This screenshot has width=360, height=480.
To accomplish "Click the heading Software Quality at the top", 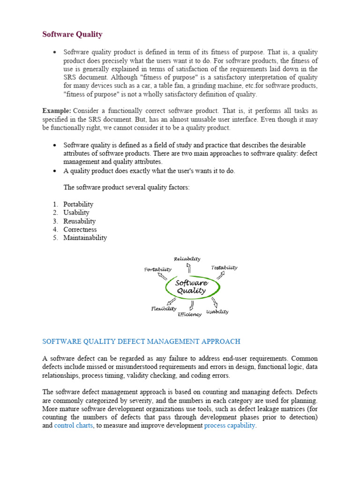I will (x=72, y=34).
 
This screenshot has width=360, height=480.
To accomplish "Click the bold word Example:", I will (x=57, y=111).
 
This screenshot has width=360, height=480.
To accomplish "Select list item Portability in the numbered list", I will (x=78, y=204).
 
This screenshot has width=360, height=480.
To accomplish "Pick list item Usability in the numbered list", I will (x=76, y=213).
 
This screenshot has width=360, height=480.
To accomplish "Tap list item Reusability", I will (x=80, y=221).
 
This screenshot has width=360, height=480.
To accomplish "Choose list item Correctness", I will (x=80, y=230).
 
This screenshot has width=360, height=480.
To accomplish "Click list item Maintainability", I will (x=85, y=238).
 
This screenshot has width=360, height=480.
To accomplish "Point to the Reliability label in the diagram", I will (x=187, y=259).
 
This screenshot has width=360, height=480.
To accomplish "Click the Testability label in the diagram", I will (x=224, y=268).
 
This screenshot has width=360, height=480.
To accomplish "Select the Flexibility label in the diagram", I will (x=164, y=308).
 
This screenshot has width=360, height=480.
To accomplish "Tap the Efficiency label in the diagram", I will (x=189, y=314).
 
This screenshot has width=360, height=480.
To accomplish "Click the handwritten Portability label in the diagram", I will (x=157, y=270).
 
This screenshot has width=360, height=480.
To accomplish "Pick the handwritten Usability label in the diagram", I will (x=217, y=312).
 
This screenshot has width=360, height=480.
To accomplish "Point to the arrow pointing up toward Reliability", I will (x=188, y=268).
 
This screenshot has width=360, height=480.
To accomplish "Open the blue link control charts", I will (x=74, y=426).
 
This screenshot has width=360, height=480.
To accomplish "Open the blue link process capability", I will (x=230, y=426).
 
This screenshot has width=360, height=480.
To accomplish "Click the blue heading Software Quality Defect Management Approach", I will (x=141, y=341).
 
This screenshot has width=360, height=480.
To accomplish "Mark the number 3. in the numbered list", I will (x=55, y=221).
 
